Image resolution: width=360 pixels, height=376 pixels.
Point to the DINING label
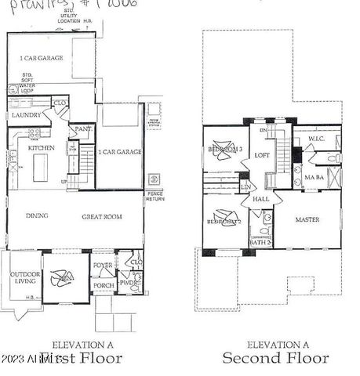(36, 215)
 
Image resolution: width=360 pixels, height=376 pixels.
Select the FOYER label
(104, 266)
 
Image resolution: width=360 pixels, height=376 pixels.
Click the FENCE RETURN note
(154, 199)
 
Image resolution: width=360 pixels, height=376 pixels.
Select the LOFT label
(262, 154)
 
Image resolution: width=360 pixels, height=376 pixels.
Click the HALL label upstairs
(261, 200)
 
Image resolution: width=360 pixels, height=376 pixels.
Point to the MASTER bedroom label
(307, 219)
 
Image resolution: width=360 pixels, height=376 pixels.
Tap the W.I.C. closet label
(316, 139)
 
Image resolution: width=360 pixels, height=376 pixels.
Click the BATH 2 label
(261, 242)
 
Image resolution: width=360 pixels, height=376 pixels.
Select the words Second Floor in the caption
(275, 358)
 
